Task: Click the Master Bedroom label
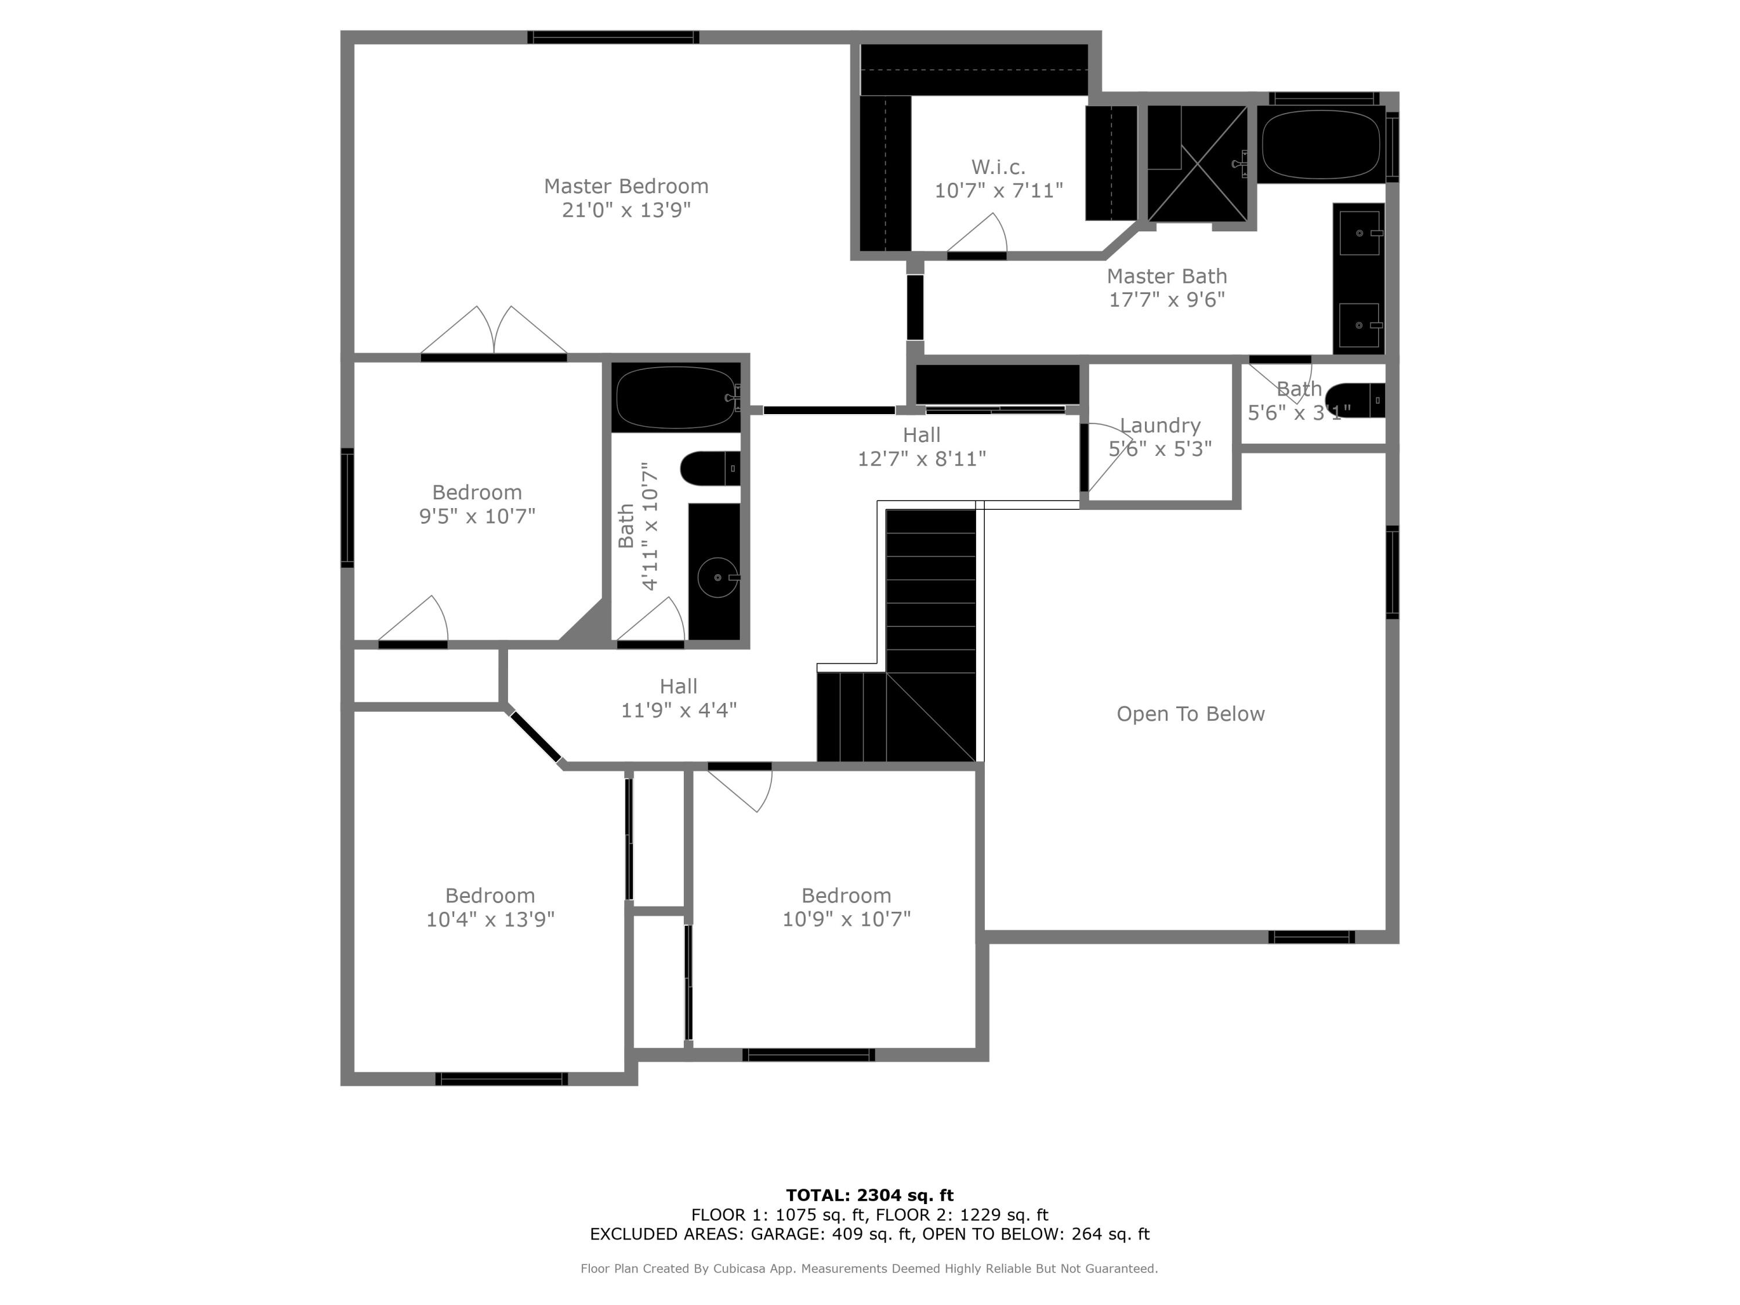[x=626, y=186]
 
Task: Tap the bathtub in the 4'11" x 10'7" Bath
[x=676, y=397]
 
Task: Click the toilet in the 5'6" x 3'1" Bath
[x=1354, y=400]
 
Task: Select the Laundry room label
[x=1159, y=426]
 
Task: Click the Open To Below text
[x=1190, y=714]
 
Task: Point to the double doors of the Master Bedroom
[x=494, y=333]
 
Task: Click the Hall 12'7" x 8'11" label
[x=921, y=447]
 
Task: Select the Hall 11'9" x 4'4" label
[x=678, y=698]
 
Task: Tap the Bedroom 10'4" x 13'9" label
[x=490, y=907]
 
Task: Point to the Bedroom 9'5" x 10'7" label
[x=477, y=504]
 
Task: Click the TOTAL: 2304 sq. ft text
[x=869, y=1195]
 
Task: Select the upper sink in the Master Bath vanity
[x=1360, y=233]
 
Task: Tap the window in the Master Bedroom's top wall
[x=613, y=37]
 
